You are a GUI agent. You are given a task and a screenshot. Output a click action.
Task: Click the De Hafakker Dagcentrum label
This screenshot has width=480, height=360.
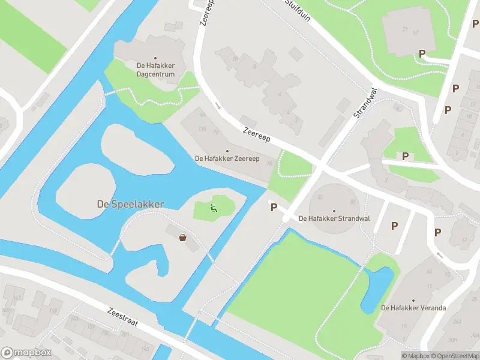click(x=155, y=70)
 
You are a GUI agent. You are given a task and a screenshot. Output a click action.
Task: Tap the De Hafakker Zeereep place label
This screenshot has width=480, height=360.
click(x=227, y=158)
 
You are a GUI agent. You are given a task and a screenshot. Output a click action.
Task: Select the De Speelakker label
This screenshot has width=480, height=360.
click(x=130, y=204)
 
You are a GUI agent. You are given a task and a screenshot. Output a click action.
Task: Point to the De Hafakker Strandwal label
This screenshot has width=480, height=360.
click(x=334, y=218)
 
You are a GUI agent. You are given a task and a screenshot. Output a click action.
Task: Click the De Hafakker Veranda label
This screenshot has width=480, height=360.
click(x=413, y=308)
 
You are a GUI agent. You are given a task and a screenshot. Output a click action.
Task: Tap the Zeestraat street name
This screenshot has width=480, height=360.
click(x=123, y=317)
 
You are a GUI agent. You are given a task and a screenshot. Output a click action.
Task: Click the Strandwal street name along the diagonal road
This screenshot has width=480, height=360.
click(x=365, y=102)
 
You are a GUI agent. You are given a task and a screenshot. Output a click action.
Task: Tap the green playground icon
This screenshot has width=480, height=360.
click(x=213, y=208)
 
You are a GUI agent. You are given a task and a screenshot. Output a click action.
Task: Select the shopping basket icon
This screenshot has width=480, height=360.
click(x=183, y=237)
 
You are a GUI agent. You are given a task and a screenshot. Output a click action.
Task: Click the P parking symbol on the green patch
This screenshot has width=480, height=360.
click(x=406, y=156)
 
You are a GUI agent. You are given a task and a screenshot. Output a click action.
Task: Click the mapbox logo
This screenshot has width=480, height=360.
click(x=26, y=353)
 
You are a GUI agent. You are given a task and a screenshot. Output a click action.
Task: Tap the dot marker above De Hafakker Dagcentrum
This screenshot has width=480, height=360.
click(x=155, y=58)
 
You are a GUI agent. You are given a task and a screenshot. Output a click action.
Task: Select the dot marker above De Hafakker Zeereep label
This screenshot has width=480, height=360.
click(x=227, y=151)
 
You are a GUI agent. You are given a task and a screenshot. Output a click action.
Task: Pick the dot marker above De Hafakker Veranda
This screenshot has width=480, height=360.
click(x=413, y=300)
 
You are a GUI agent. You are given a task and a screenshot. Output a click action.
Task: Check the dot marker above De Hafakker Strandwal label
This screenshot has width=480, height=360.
click(x=334, y=211)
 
